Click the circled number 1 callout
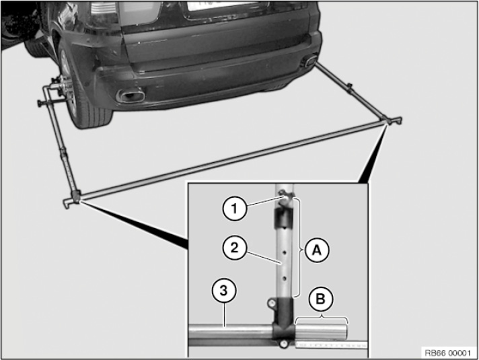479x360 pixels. pyautogui.click(x=235, y=209)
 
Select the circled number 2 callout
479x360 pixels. pyautogui.click(x=234, y=248)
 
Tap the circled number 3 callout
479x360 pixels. pyautogui.click(x=224, y=290)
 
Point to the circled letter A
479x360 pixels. pyautogui.click(x=317, y=250)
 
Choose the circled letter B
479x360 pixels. pyautogui.click(x=320, y=299)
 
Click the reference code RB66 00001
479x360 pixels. pyautogui.click(x=448, y=353)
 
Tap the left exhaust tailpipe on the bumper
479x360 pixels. pyautogui.click(x=131, y=95)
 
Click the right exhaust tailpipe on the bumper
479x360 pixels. pyautogui.click(x=309, y=60)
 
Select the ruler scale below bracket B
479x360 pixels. pyautogui.click(x=331, y=345)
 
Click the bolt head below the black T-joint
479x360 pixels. pyautogui.click(x=283, y=344)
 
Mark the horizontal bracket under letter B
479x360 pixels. pyautogui.click(x=322, y=318)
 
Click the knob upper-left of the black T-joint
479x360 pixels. pyautogui.click(x=271, y=303)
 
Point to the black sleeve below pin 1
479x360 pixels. pyautogui.click(x=283, y=218)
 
